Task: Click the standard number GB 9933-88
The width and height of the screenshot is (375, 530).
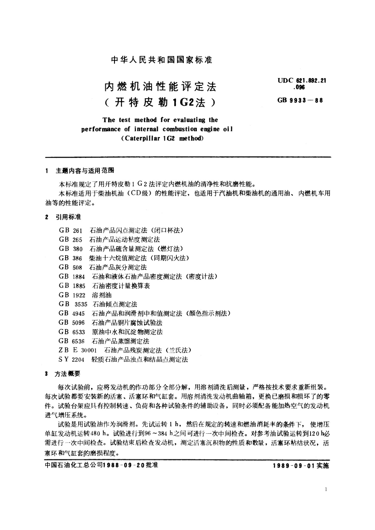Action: click(x=300, y=101)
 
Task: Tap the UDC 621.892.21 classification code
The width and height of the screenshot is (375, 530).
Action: click(x=302, y=81)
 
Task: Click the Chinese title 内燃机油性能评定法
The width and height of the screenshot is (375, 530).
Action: click(x=161, y=87)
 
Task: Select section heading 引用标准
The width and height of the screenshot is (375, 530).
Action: click(x=68, y=217)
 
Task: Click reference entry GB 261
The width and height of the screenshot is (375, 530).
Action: click(x=71, y=231)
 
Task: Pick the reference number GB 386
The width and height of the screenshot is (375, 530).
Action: click(x=71, y=258)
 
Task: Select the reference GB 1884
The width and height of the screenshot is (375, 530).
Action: click(x=72, y=277)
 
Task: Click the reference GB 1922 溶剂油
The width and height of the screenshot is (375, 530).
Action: click(x=85, y=295)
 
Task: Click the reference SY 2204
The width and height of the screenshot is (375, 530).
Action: click(x=71, y=359)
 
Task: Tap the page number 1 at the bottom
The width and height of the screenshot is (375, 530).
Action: click(x=326, y=489)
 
